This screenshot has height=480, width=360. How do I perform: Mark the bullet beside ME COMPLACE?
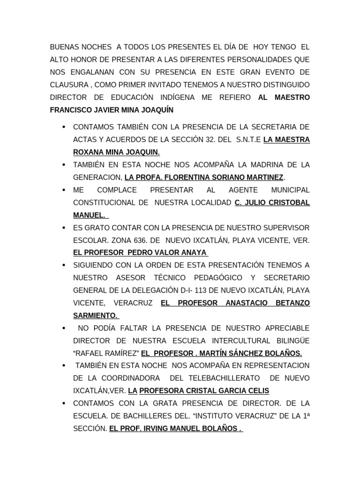tap(62, 190)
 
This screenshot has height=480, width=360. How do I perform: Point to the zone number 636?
tap(134, 240)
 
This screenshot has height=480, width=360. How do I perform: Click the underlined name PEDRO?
tap(143, 252)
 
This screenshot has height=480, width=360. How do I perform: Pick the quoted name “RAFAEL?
tap(90, 353)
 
